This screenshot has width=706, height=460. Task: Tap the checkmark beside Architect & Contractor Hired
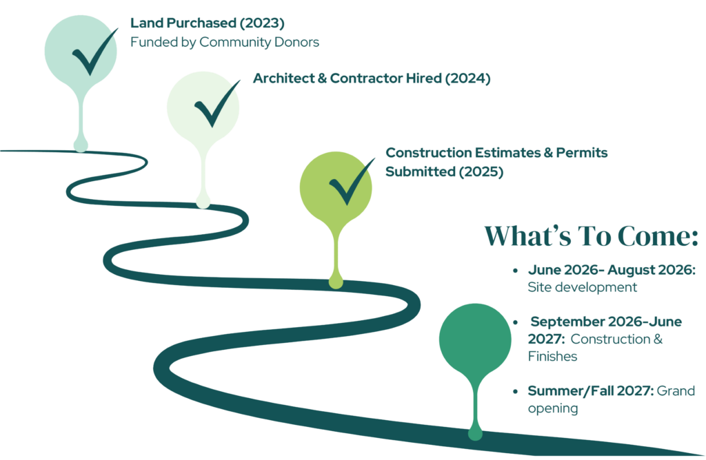(x=214, y=106)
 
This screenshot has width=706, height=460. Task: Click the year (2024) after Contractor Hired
(x=467, y=79)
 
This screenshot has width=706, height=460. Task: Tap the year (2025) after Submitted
(x=481, y=172)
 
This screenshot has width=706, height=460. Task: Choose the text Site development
(x=583, y=288)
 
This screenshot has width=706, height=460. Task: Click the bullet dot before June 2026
(x=516, y=271)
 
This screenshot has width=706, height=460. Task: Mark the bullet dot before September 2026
(x=516, y=322)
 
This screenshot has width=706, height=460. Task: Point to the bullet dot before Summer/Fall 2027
(x=516, y=391)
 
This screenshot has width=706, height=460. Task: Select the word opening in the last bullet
(x=553, y=409)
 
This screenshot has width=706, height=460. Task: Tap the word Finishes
(x=553, y=357)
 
